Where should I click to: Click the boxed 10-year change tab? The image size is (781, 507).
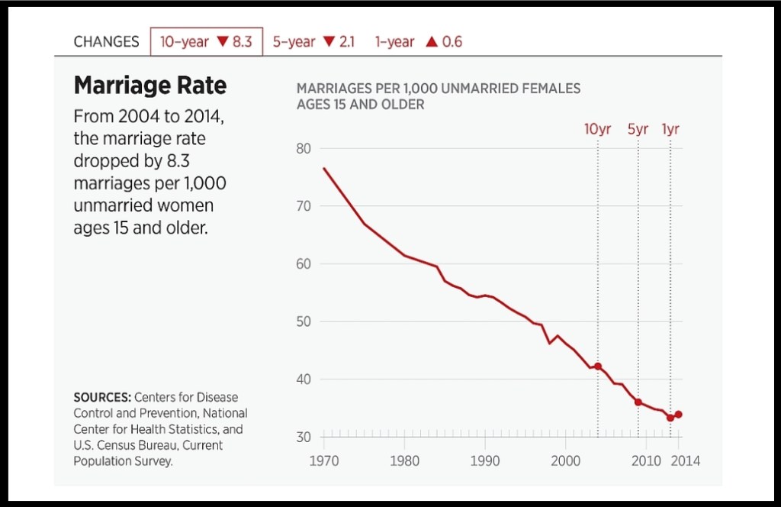pyautogui.click(x=207, y=42)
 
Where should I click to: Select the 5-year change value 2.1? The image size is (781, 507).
pyautogui.click(x=346, y=42)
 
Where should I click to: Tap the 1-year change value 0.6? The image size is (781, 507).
pyautogui.click(x=452, y=42)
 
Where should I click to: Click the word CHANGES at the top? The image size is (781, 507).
pyautogui.click(x=106, y=42)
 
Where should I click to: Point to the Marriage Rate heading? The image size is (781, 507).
pyautogui.click(x=150, y=86)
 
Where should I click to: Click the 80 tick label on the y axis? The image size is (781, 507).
pyautogui.click(x=304, y=148)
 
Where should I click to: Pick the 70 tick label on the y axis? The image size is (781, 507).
pyautogui.click(x=304, y=206)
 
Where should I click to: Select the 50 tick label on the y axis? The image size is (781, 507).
pyautogui.click(x=304, y=321)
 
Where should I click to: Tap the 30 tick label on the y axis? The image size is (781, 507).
pyautogui.click(x=304, y=437)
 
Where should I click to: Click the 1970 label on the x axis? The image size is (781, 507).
pyautogui.click(x=324, y=461)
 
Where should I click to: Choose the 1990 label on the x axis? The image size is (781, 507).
pyautogui.click(x=485, y=461)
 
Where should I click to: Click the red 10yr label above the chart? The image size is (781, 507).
pyautogui.click(x=597, y=129)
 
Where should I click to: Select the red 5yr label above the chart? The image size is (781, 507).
pyautogui.click(x=638, y=129)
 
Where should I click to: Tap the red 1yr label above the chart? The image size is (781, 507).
pyautogui.click(x=670, y=129)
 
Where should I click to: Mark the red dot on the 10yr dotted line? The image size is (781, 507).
pyautogui.click(x=598, y=367)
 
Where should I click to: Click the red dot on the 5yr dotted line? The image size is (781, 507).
pyautogui.click(x=638, y=402)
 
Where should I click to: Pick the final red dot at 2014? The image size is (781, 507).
pyautogui.click(x=679, y=415)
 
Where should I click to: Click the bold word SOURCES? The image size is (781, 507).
pyautogui.click(x=102, y=398)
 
